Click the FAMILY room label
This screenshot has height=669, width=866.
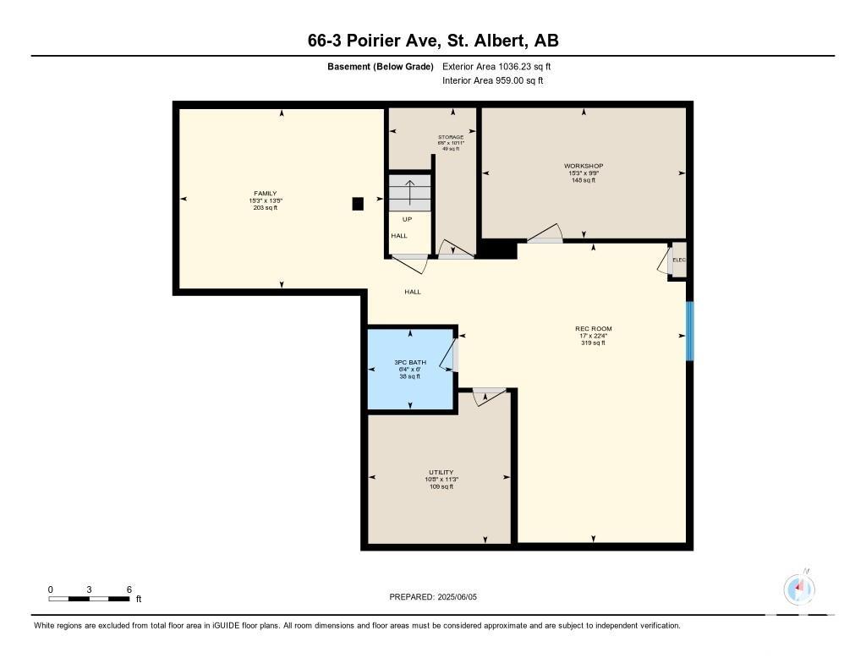pyautogui.click(x=265, y=194)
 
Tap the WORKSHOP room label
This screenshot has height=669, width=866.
pyautogui.click(x=584, y=166)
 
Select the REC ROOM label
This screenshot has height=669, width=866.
pyautogui.click(x=593, y=329)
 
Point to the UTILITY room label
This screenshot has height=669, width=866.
pyautogui.click(x=441, y=472)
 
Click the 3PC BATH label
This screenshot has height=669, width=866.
pyautogui.click(x=410, y=362)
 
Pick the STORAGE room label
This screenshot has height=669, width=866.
pyautogui.click(x=451, y=137)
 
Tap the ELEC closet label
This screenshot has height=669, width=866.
pyautogui.click(x=679, y=260)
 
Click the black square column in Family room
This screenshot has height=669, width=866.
pyautogui.click(x=358, y=204)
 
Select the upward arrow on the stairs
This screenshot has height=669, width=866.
pyautogui.click(x=410, y=192)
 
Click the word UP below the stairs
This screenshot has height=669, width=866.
pyautogui.click(x=407, y=219)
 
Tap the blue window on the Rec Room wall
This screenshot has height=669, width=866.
pyautogui.click(x=689, y=331)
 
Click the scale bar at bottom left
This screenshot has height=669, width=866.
pyautogui.click(x=89, y=599)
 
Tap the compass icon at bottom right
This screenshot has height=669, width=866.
pyautogui.click(x=798, y=589)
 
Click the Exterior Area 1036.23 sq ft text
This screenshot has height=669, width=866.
pyautogui.click(x=496, y=67)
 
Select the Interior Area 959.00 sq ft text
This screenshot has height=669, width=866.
pyautogui.click(x=493, y=80)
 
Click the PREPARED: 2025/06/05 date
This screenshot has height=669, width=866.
pyautogui.click(x=433, y=597)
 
